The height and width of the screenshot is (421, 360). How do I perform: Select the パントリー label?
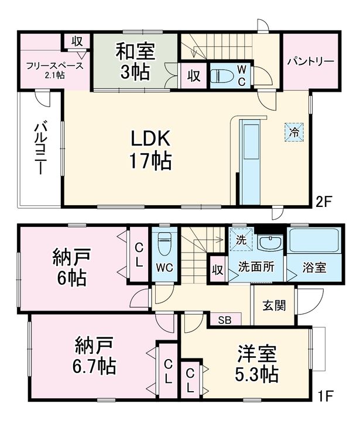pos(310,62)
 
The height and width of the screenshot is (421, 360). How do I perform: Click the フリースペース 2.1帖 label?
pos(55,70)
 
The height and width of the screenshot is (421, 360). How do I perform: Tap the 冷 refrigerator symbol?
pos(294,132)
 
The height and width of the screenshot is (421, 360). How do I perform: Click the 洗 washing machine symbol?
pos(241,239)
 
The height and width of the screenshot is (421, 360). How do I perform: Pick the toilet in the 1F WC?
pos(164,243)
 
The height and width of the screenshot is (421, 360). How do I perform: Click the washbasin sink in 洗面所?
pos(270,243)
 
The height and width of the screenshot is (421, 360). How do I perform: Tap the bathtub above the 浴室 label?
pos(314,240)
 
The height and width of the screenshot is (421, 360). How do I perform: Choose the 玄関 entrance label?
pos(274,305)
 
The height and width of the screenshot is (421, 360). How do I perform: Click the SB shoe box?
pos(225,319)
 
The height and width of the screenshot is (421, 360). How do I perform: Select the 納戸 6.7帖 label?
pos(94,355)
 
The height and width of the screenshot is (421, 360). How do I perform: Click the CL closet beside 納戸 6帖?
pos(139,254)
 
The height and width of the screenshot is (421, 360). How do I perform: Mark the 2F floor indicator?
pos(324,202)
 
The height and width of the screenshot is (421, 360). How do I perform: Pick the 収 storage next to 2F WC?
pos(194,75)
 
